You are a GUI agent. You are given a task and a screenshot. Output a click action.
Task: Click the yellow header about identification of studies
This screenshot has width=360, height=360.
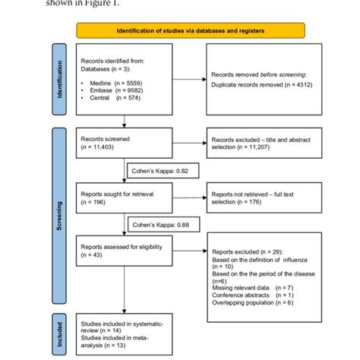[191, 30]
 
